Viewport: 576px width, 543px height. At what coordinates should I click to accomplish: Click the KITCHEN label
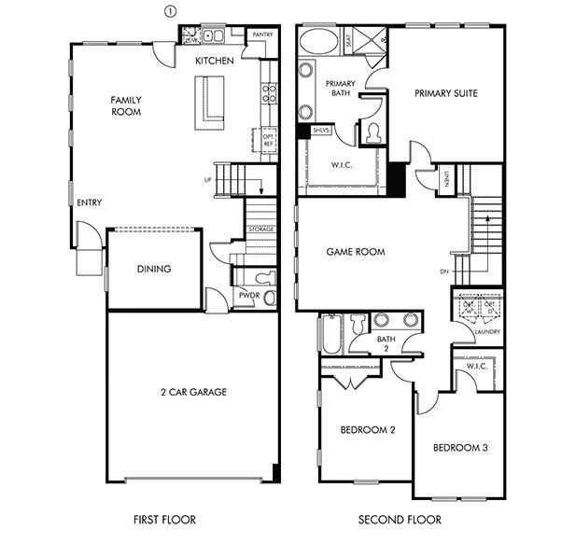(x=214, y=61)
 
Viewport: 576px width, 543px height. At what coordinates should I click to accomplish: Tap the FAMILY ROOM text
(x=125, y=104)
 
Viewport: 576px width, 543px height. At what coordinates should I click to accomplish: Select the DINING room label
(x=154, y=270)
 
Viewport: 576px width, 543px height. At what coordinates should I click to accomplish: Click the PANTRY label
(x=262, y=35)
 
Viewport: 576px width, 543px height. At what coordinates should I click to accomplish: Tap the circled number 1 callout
(x=169, y=11)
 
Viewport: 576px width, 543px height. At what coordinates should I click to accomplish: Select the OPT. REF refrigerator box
(x=269, y=139)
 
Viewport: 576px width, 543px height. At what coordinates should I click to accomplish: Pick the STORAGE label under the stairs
(x=260, y=230)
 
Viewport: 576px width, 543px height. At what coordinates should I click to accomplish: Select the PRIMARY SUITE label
(x=445, y=93)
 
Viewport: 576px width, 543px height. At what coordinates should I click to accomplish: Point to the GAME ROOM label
(x=356, y=252)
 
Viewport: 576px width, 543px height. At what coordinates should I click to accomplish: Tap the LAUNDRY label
(x=487, y=332)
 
